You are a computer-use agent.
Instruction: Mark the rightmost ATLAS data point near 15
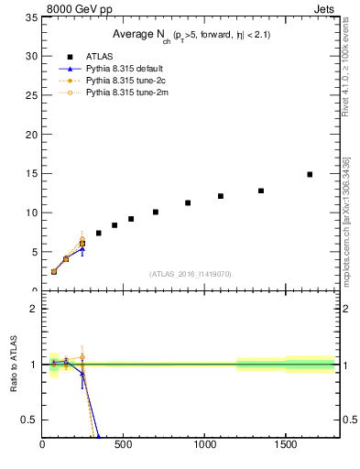point(310,174)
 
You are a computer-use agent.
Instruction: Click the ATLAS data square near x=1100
point(221,196)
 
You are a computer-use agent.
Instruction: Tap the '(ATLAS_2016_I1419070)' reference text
point(189,273)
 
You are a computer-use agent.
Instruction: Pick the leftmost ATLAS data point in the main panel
point(54,271)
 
